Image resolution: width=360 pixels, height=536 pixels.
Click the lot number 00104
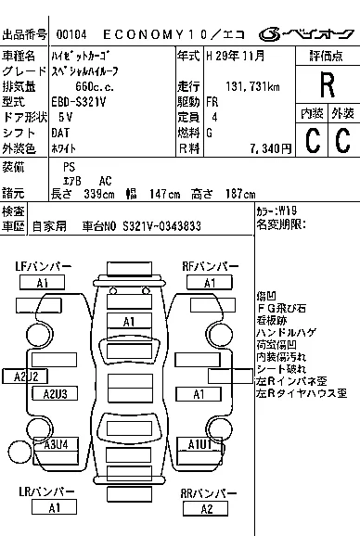coord(71,34)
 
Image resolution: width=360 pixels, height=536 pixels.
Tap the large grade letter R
coord(328,84)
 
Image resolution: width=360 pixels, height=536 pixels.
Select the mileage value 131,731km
coord(252,86)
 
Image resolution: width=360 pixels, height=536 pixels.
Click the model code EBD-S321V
coord(79,102)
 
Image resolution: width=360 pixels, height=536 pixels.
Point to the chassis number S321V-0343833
coord(161,226)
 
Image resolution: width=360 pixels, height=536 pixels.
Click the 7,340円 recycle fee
coord(270,148)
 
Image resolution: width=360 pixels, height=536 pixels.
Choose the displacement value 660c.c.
coord(95,86)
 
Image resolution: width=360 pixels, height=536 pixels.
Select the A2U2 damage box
coord(25,376)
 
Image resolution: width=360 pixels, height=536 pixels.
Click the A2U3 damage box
coord(55,393)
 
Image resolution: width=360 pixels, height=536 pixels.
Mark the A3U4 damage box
coord(56,444)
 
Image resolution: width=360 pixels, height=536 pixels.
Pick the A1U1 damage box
coord(199,444)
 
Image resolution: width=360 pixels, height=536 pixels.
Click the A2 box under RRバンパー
coord(206,509)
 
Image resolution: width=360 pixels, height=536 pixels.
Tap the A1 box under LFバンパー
coord(42,283)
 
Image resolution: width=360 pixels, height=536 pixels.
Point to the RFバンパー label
coord(210,267)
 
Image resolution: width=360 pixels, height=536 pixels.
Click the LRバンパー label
coord(46,491)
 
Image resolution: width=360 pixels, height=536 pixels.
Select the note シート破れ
coord(281,369)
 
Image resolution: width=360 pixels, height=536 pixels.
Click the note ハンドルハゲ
coord(287,332)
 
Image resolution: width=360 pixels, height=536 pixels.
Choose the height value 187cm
coord(240,194)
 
